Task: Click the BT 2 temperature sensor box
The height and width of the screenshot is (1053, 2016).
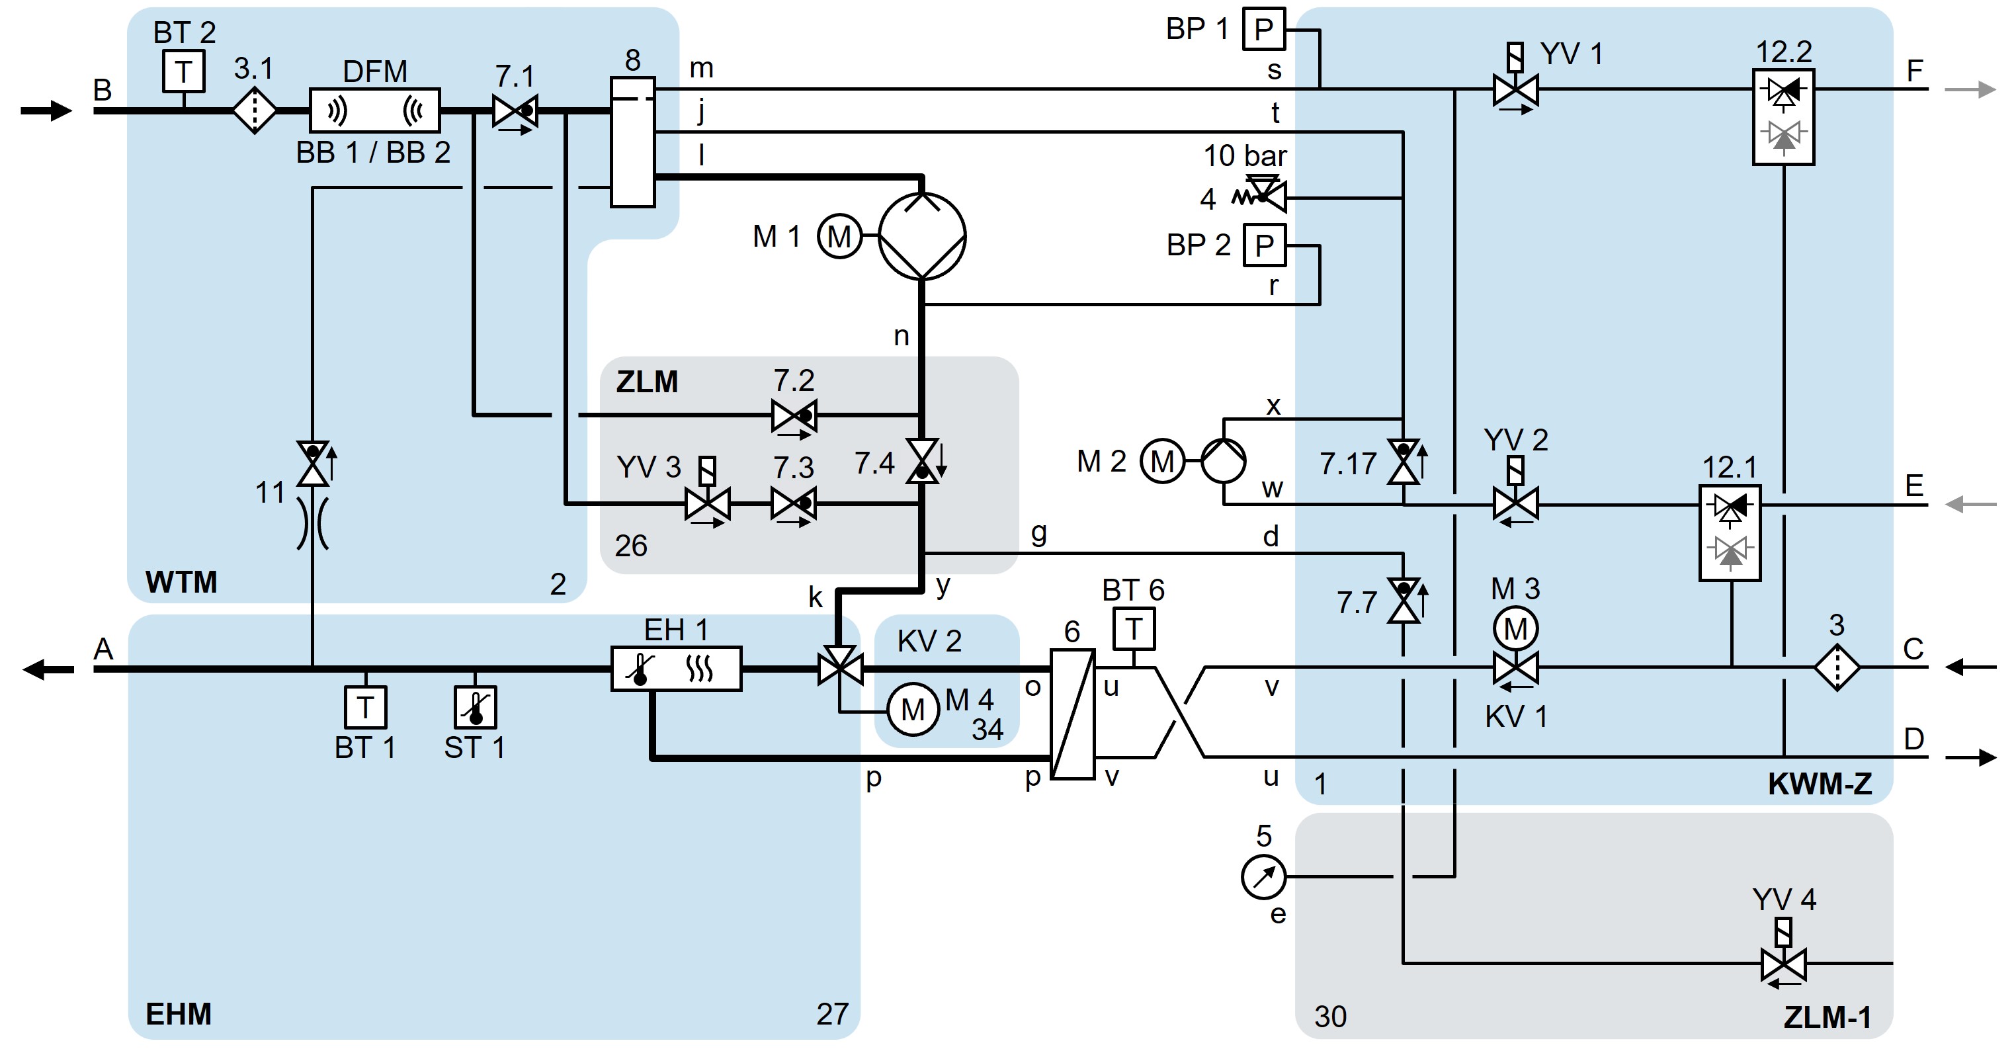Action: tap(184, 71)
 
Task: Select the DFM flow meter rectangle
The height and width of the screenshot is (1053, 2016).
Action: tap(375, 110)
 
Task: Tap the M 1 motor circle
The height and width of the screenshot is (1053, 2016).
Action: tap(839, 236)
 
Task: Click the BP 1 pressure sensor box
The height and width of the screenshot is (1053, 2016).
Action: tap(1264, 30)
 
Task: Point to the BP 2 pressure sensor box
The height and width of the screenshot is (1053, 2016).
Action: tap(1264, 246)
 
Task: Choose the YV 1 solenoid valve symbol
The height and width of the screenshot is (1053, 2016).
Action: tap(1515, 89)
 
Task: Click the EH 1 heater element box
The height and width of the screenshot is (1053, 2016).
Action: tap(676, 669)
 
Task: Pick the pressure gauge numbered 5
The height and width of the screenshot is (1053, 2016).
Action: tap(1263, 877)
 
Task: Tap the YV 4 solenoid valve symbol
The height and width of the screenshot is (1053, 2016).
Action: tap(1784, 963)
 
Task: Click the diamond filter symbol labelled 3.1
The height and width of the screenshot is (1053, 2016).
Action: tap(255, 111)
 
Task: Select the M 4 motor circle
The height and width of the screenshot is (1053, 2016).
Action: tap(913, 709)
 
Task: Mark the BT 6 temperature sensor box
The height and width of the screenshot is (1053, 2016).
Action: tap(1133, 628)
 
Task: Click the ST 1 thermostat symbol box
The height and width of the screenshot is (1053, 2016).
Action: tap(475, 707)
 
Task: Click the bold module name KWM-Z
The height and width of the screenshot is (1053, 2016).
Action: tap(1820, 784)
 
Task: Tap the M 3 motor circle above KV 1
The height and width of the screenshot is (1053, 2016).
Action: tap(1515, 628)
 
